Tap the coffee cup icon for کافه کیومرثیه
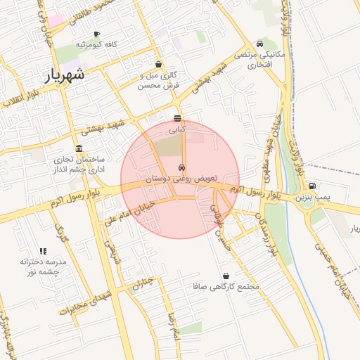point(96,34)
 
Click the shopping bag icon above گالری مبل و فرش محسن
point(159,64)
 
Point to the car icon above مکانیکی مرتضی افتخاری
point(261,44)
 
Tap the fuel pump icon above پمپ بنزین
point(312,186)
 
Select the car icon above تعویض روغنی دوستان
point(182,168)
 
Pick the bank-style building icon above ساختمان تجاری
point(78,149)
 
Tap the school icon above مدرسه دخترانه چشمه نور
point(43,250)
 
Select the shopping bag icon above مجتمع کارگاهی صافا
point(226,276)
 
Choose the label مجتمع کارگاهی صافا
point(229,287)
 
